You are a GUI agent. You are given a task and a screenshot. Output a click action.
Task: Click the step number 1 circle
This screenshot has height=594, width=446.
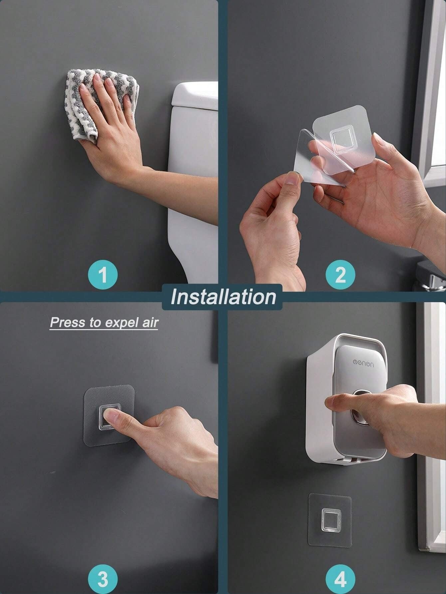point(104,275)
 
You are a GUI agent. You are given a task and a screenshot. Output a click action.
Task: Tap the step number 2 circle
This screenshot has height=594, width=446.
point(340,275)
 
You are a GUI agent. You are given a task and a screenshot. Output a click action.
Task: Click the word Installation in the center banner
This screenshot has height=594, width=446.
point(223,297)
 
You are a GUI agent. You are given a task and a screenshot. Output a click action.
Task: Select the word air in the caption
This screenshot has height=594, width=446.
point(150,322)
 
